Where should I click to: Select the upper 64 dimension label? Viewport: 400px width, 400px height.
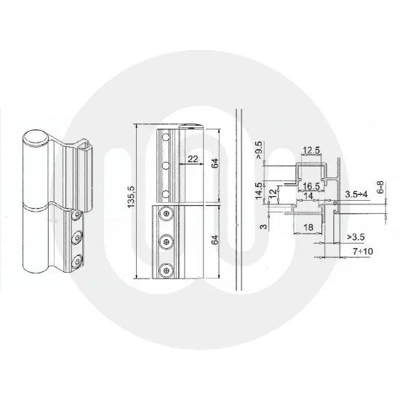coord(215,164)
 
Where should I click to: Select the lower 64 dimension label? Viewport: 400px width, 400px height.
coord(215,241)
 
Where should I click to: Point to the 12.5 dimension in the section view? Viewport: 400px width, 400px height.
coord(311,151)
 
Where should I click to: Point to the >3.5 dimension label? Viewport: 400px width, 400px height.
coord(356,236)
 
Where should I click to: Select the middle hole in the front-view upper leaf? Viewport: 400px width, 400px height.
coord(167,165)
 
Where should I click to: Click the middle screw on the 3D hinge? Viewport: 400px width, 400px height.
coord(75,236)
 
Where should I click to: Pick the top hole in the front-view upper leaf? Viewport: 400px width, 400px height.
coord(167,136)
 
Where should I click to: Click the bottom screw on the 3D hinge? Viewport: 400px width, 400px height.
coord(75,258)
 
